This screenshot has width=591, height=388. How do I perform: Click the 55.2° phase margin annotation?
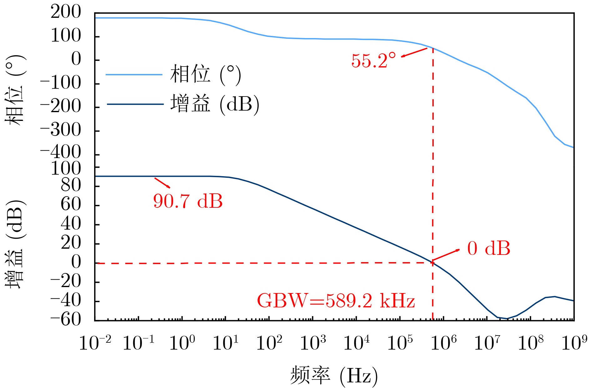373,61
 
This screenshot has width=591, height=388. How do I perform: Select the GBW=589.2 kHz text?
336,301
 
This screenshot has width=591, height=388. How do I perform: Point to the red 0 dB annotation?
488,249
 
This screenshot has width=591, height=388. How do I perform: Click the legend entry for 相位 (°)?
205,74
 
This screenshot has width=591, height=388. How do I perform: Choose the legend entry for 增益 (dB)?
215,104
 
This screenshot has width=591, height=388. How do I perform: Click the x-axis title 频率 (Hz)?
334,375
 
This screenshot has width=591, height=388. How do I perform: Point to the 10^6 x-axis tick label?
443,342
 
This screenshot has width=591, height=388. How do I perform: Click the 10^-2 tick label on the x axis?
95,342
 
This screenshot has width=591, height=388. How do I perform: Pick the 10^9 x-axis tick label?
574,342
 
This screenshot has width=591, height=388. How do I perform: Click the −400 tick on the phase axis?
61,153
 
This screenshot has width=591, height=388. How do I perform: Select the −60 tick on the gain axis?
66,320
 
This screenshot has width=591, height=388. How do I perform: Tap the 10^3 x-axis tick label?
313,342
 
